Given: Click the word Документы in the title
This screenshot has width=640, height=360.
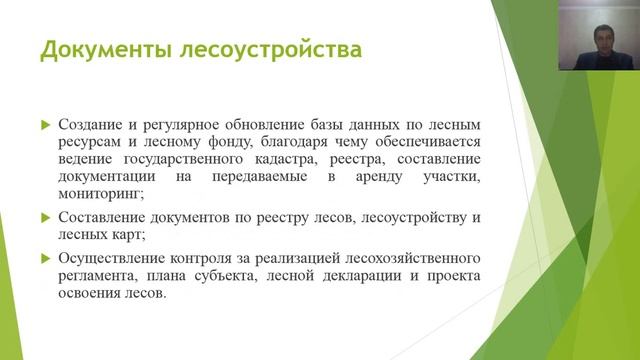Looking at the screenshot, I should (x=98, y=49).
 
